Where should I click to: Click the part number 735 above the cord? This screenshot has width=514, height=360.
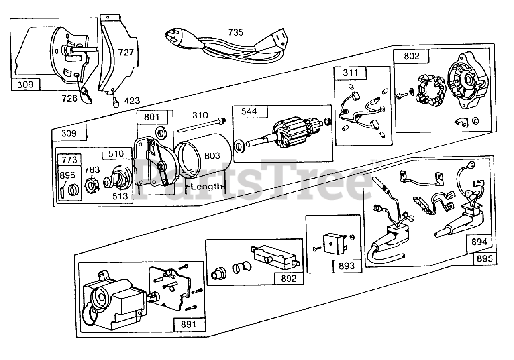(236, 33)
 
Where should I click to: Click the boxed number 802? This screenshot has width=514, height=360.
(411, 56)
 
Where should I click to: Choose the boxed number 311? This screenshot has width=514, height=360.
(349, 73)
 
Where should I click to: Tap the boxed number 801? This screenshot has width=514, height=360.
(152, 118)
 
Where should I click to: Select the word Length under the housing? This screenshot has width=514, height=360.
(206, 186)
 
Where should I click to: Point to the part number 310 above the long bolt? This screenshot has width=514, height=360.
(200, 116)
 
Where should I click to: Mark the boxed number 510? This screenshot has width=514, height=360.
(116, 153)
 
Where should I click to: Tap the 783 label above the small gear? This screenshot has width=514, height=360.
(92, 170)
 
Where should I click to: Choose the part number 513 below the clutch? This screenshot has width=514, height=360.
(120, 196)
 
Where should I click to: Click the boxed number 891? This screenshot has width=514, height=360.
(188, 324)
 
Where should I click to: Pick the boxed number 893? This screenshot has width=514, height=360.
(347, 265)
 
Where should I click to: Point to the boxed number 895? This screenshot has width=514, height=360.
(485, 259)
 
